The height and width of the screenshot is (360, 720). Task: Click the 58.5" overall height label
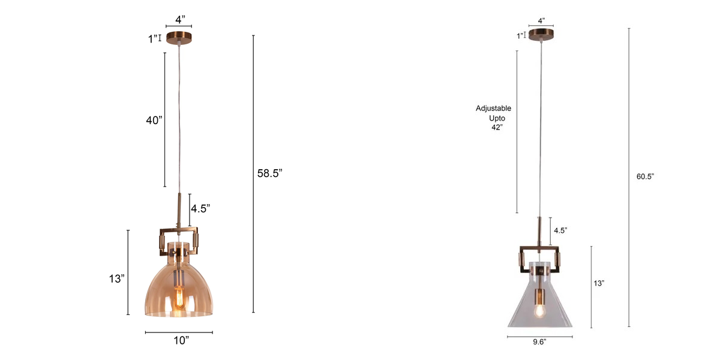269,173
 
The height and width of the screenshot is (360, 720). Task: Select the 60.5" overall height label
645,176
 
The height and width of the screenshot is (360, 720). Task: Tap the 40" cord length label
154,121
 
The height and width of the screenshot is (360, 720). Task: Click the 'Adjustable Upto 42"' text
494,118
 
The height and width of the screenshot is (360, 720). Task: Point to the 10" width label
178,341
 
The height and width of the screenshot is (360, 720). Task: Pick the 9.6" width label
539,343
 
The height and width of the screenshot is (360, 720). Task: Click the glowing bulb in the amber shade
178,298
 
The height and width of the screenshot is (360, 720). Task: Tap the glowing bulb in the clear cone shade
538,310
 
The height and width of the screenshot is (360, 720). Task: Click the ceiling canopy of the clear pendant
542,35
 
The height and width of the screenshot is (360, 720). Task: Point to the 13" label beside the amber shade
117,278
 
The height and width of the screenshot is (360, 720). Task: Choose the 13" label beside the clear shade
598,283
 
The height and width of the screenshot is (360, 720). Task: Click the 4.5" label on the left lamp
200,209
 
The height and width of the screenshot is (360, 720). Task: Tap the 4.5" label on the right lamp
560,230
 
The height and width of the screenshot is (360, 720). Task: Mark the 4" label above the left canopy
178,20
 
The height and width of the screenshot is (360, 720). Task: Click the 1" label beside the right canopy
519,35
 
